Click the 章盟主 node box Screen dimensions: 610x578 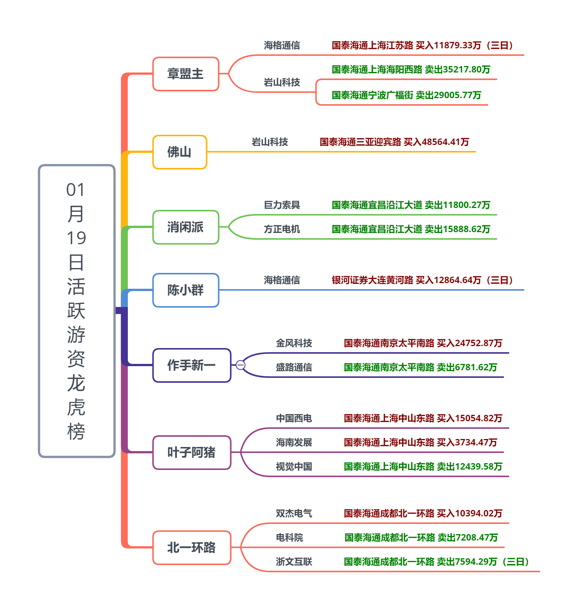click(186, 74)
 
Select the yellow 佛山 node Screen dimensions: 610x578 click(180, 152)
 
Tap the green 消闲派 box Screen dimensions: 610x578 click(186, 227)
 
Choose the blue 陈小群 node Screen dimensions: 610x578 click(186, 290)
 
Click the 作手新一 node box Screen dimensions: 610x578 click(192, 365)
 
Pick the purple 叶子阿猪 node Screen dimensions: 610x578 click(192, 453)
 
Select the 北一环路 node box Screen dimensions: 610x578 click(192, 548)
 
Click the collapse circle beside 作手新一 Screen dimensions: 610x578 click(240, 365)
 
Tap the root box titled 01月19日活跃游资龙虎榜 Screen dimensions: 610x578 click(77, 311)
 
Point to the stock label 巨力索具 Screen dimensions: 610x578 click(282, 205)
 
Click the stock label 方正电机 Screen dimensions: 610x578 click(282, 229)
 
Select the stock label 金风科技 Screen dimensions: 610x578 click(294, 343)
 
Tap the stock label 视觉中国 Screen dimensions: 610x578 click(294, 467)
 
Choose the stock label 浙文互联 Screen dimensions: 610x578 click(294, 562)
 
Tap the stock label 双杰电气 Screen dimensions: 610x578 click(294, 513)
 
